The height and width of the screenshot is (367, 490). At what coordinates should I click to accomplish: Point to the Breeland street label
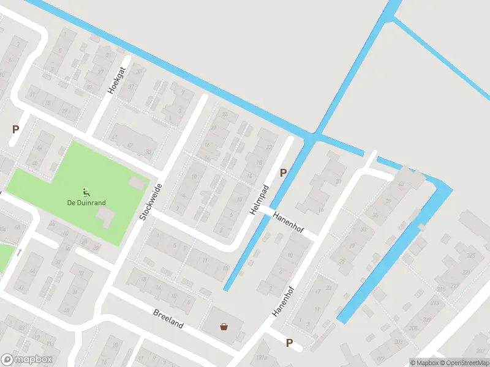168,319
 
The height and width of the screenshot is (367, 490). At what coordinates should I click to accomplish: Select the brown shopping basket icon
224,326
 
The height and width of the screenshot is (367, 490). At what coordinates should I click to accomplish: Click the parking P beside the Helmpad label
283,173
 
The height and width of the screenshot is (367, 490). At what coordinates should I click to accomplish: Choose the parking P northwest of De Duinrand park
15,130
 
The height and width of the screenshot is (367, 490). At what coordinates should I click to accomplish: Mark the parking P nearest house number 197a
289,343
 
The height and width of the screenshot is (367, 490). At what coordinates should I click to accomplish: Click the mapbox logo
27,360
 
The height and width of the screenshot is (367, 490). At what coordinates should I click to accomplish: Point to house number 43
401,185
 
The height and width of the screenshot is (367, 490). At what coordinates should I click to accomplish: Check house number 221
454,286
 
